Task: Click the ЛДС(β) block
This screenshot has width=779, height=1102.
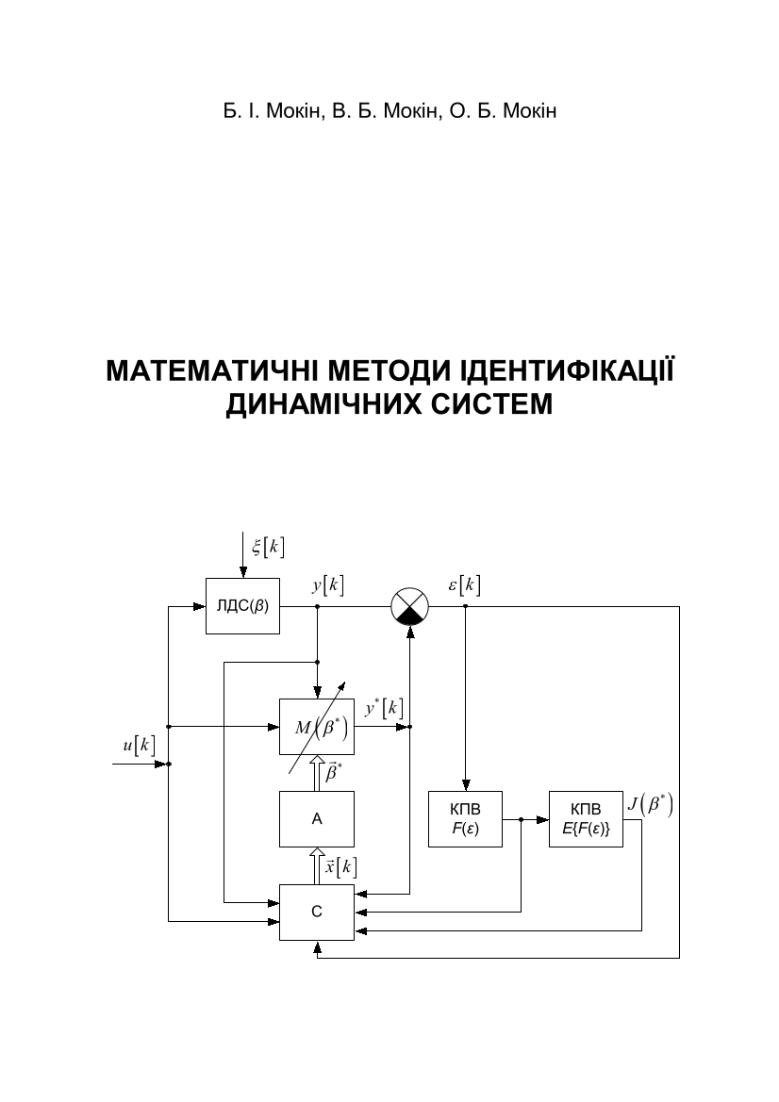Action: tap(242, 606)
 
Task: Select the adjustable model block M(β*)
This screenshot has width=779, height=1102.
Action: tap(317, 727)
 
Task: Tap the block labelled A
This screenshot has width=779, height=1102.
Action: tap(317, 819)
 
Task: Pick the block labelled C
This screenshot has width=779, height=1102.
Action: tap(317, 912)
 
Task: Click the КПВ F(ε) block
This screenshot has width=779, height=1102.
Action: tap(466, 819)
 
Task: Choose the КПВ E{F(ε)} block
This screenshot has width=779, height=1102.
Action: tap(586, 819)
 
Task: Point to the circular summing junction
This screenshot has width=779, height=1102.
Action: tap(409, 606)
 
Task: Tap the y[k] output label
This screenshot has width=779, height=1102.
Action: tap(328, 585)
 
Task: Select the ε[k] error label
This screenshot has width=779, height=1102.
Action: tap(464, 585)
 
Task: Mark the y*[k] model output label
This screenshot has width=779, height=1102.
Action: tap(384, 707)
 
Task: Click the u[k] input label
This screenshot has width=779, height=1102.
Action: tap(138, 745)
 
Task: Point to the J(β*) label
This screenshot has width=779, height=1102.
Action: tap(651, 807)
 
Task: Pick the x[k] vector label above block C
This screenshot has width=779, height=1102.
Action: tap(340, 866)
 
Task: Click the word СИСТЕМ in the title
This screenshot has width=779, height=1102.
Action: tap(496, 404)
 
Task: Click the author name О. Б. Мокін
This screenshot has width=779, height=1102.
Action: tap(503, 112)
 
